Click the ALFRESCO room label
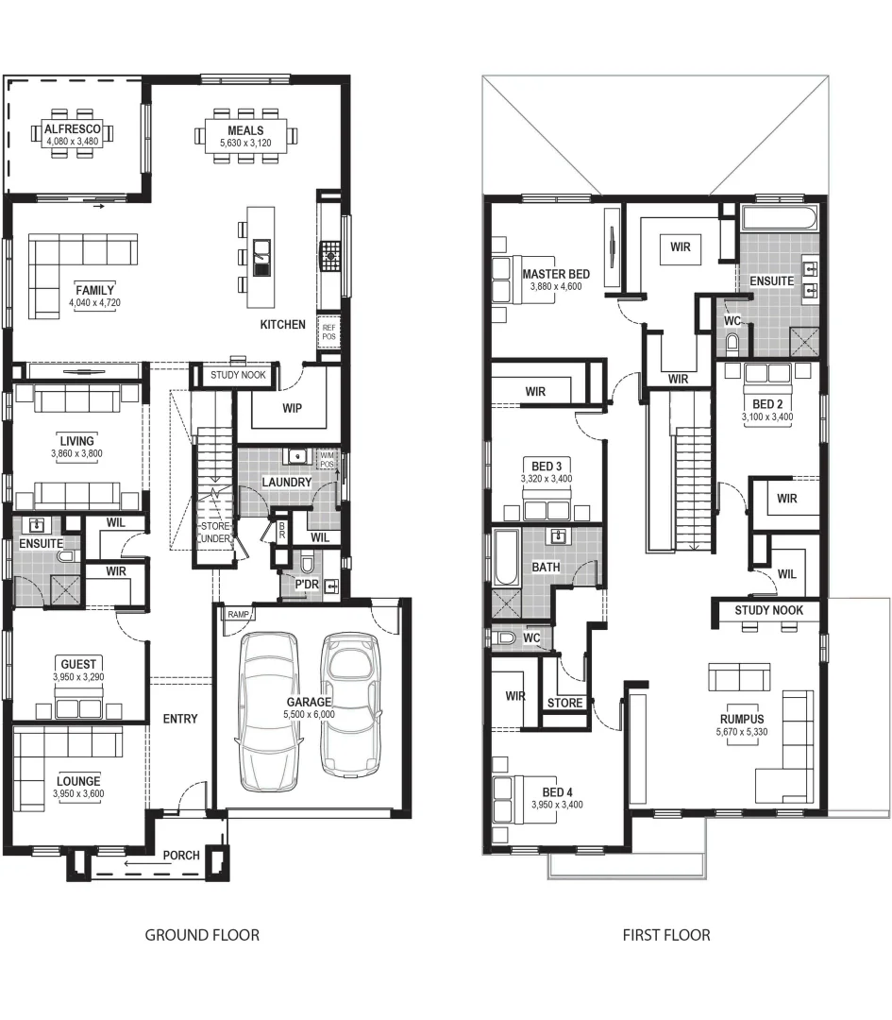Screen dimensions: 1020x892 click(78, 129)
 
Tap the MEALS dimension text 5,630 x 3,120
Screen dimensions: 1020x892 click(244, 144)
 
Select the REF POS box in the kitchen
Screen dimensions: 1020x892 click(328, 331)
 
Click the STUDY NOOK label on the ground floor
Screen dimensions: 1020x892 click(239, 376)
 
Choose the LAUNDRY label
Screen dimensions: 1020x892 click(286, 483)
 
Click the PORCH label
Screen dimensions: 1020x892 click(181, 856)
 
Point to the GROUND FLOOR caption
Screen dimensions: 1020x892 click(202, 935)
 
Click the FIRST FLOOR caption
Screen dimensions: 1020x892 click(666, 935)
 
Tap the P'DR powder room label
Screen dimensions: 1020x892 click(306, 586)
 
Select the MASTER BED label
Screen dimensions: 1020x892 click(556, 274)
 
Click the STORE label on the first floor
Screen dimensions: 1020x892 click(565, 703)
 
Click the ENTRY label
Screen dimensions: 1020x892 click(180, 719)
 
